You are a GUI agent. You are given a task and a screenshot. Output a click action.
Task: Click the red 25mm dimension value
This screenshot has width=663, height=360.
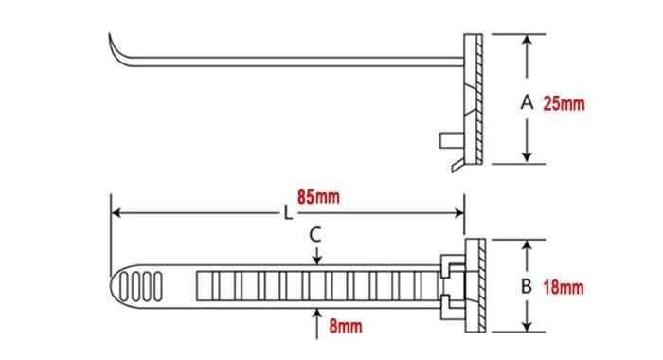point(564,103)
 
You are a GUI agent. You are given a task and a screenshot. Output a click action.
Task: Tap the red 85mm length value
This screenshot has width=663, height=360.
point(318,197)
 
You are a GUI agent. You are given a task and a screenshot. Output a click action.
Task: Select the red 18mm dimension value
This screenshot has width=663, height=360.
point(564,288)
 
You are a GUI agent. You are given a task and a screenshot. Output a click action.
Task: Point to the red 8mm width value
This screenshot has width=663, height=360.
point(346,326)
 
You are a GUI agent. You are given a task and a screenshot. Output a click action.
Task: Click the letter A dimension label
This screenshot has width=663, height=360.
point(527,102)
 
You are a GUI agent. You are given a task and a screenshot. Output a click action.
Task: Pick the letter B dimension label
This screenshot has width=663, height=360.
point(526,286)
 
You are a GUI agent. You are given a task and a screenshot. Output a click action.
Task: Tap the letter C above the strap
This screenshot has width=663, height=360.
point(315,235)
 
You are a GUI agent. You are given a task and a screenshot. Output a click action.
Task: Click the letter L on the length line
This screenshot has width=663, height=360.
point(288,213)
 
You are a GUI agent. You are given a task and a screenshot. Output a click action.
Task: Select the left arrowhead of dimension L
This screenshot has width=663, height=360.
point(116,212)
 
